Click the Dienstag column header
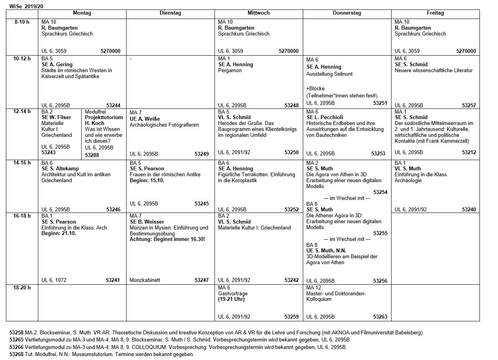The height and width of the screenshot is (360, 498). (x=170, y=13)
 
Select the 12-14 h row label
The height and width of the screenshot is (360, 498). (x=22, y=112)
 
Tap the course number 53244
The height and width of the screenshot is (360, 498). (x=113, y=106)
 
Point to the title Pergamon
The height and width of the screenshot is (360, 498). (x=230, y=71)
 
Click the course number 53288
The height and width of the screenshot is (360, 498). (x=92, y=155)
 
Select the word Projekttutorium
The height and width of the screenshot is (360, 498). (x=104, y=118)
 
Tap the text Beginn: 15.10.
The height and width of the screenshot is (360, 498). (x=147, y=181)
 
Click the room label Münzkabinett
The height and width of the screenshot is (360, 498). (x=145, y=280)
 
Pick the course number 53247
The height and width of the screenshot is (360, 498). (x=201, y=280)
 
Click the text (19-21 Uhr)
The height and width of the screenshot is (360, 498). (x=231, y=299)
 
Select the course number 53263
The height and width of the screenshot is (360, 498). (x=380, y=317)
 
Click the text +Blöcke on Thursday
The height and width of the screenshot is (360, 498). (x=315, y=89)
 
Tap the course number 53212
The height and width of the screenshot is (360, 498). (x=469, y=153)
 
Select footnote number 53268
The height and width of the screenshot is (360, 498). (x=17, y=354)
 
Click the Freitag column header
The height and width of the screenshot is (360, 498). (x=435, y=13)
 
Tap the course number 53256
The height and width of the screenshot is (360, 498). (x=380, y=281)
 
